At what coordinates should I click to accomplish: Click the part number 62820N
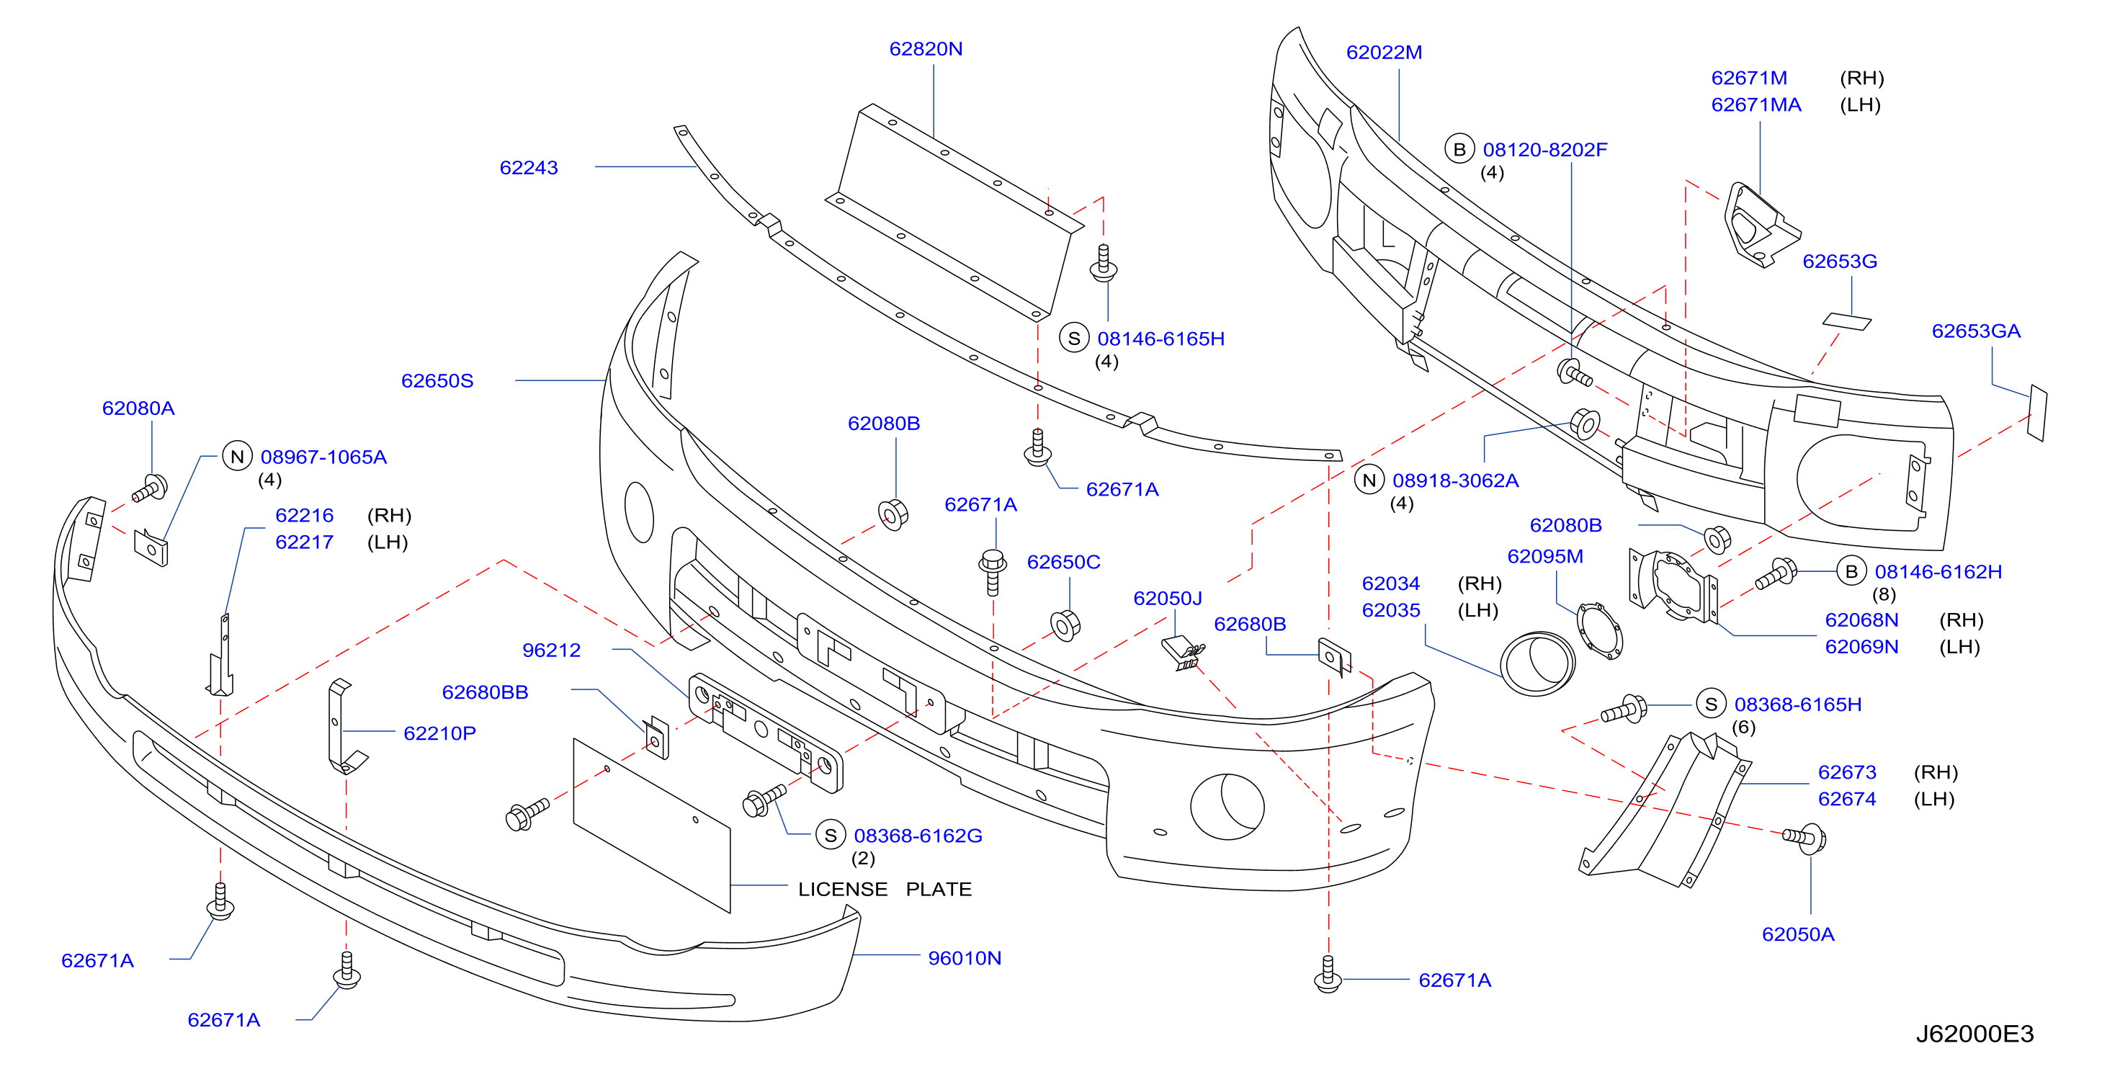tap(926, 50)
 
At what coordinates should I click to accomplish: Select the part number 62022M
tap(1385, 53)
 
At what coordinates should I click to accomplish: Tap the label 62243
tap(529, 168)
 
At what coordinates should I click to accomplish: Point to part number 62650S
tap(437, 381)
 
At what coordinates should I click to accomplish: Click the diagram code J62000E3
tap(1974, 1034)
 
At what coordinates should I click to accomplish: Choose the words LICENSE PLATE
tap(885, 890)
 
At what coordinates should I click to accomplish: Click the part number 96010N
tap(965, 959)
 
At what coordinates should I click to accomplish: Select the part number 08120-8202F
tap(1544, 150)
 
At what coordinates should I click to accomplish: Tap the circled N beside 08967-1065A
tap(238, 457)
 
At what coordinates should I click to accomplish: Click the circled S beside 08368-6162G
tap(831, 836)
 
